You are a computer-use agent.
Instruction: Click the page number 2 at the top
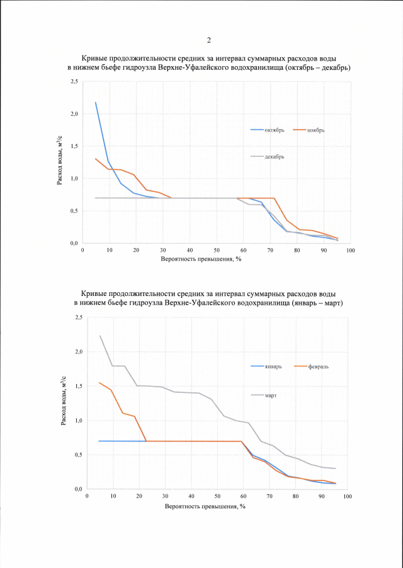click(208, 41)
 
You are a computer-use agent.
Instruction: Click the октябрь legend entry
click(275, 130)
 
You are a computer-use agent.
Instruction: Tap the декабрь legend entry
click(274, 156)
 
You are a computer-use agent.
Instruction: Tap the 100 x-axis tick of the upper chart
click(350, 251)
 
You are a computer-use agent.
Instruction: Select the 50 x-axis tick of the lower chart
click(217, 497)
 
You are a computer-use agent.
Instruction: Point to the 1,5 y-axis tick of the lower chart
click(78, 385)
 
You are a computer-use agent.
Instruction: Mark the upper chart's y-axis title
click(61, 162)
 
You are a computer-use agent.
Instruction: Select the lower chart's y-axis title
click(65, 404)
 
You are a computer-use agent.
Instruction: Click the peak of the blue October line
click(96, 102)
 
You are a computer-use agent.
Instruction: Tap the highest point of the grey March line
click(100, 336)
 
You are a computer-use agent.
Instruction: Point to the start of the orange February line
click(99, 382)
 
